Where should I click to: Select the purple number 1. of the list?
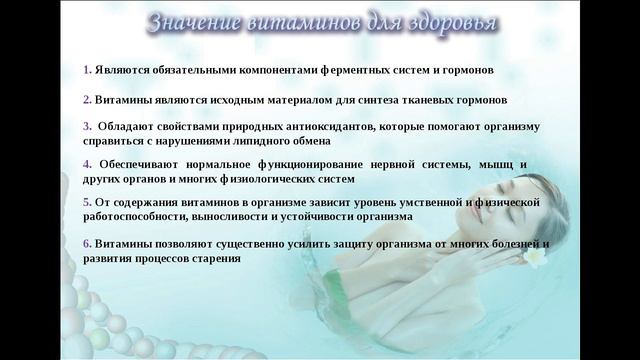point(87,71)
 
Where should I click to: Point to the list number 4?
point(88,163)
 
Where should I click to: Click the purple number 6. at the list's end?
point(87,243)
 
